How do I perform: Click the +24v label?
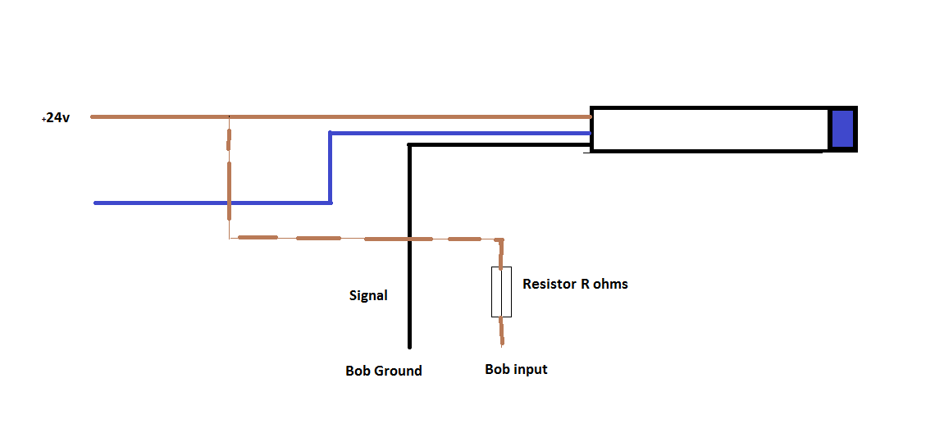(x=56, y=118)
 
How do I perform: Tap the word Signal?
(x=368, y=295)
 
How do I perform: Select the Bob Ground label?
(x=383, y=371)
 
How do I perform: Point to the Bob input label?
(x=516, y=369)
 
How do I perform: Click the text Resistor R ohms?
(x=575, y=284)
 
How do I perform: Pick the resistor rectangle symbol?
(x=501, y=291)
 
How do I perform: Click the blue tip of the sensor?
(x=842, y=130)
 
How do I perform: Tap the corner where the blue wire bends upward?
(x=330, y=203)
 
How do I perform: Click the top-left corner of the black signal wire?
(x=409, y=145)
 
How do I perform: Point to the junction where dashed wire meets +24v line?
(x=229, y=117)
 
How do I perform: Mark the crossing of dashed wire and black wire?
(x=409, y=239)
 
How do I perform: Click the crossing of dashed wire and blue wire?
(x=229, y=203)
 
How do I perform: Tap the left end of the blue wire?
(x=96, y=203)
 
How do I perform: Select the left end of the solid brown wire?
(x=92, y=117)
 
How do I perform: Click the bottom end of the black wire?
(x=408, y=346)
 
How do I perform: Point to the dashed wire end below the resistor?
(x=501, y=342)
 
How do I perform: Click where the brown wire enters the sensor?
(x=591, y=117)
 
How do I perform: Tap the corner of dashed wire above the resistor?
(x=500, y=240)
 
